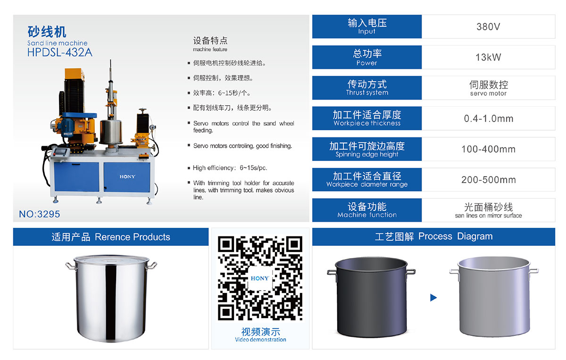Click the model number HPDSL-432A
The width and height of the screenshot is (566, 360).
(x=60, y=52)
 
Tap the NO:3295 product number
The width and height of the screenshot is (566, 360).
(x=40, y=214)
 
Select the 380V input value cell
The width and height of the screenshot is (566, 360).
(x=488, y=26)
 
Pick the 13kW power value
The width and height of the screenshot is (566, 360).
(x=488, y=57)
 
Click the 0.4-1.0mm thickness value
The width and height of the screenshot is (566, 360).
(x=488, y=118)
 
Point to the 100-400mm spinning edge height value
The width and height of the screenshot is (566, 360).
(x=488, y=149)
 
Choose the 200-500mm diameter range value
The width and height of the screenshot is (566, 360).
(x=488, y=180)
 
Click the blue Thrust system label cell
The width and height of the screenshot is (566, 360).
(x=367, y=88)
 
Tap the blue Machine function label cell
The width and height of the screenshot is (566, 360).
(x=367, y=210)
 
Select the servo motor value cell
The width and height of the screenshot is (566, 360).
(x=488, y=88)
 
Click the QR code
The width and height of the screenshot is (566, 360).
(x=260, y=278)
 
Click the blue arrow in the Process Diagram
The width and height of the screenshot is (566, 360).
(x=433, y=298)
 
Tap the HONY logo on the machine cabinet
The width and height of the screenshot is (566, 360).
(x=127, y=176)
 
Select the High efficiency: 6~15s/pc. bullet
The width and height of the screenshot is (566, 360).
(x=230, y=168)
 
